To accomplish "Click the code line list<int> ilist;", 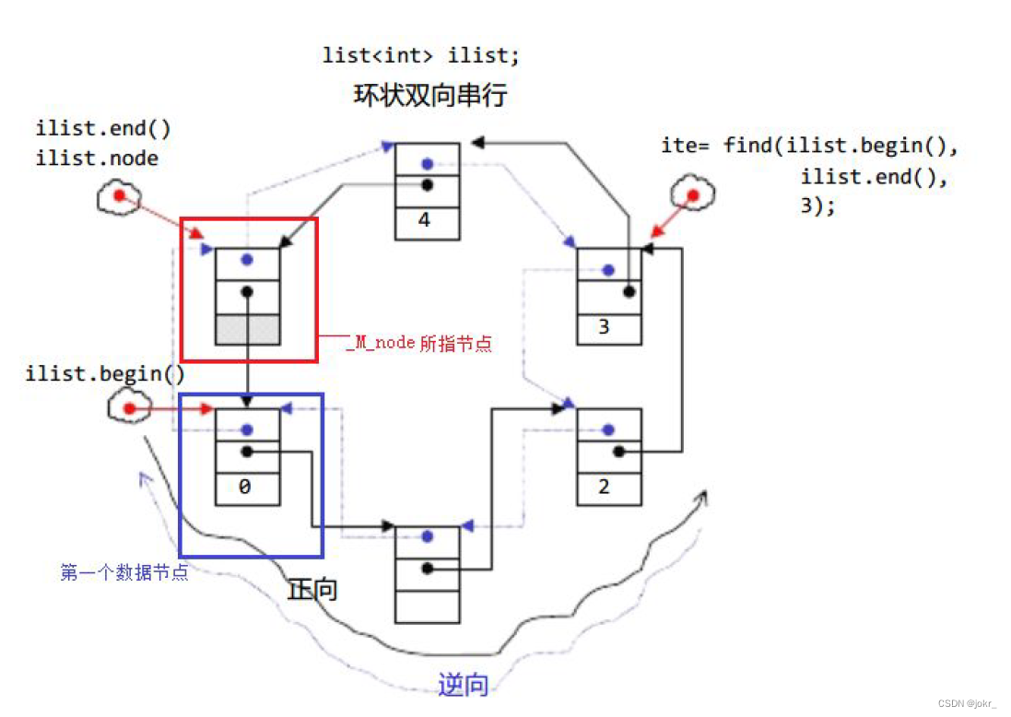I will [x=420, y=55].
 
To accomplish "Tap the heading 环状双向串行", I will [x=429, y=95].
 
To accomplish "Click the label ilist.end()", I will [x=103, y=129].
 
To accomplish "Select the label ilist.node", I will [x=97, y=159].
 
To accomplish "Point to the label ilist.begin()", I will [x=105, y=374].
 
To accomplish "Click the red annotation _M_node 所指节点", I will [x=419, y=344].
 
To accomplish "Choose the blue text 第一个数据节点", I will [x=124, y=572].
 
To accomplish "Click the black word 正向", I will [x=312, y=590].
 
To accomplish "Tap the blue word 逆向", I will [x=463, y=685].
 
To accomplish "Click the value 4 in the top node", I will [x=425, y=221].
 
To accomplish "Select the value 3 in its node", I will [x=605, y=327].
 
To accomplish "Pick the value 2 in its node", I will [x=605, y=487].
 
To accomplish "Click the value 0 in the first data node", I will [x=244, y=487].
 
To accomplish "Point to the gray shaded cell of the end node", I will [x=247, y=329].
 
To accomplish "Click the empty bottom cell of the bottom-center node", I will [x=427, y=605].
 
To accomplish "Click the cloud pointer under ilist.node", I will [x=118, y=196].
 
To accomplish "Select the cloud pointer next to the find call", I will [x=690, y=195].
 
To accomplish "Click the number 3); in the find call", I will [x=818, y=207].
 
